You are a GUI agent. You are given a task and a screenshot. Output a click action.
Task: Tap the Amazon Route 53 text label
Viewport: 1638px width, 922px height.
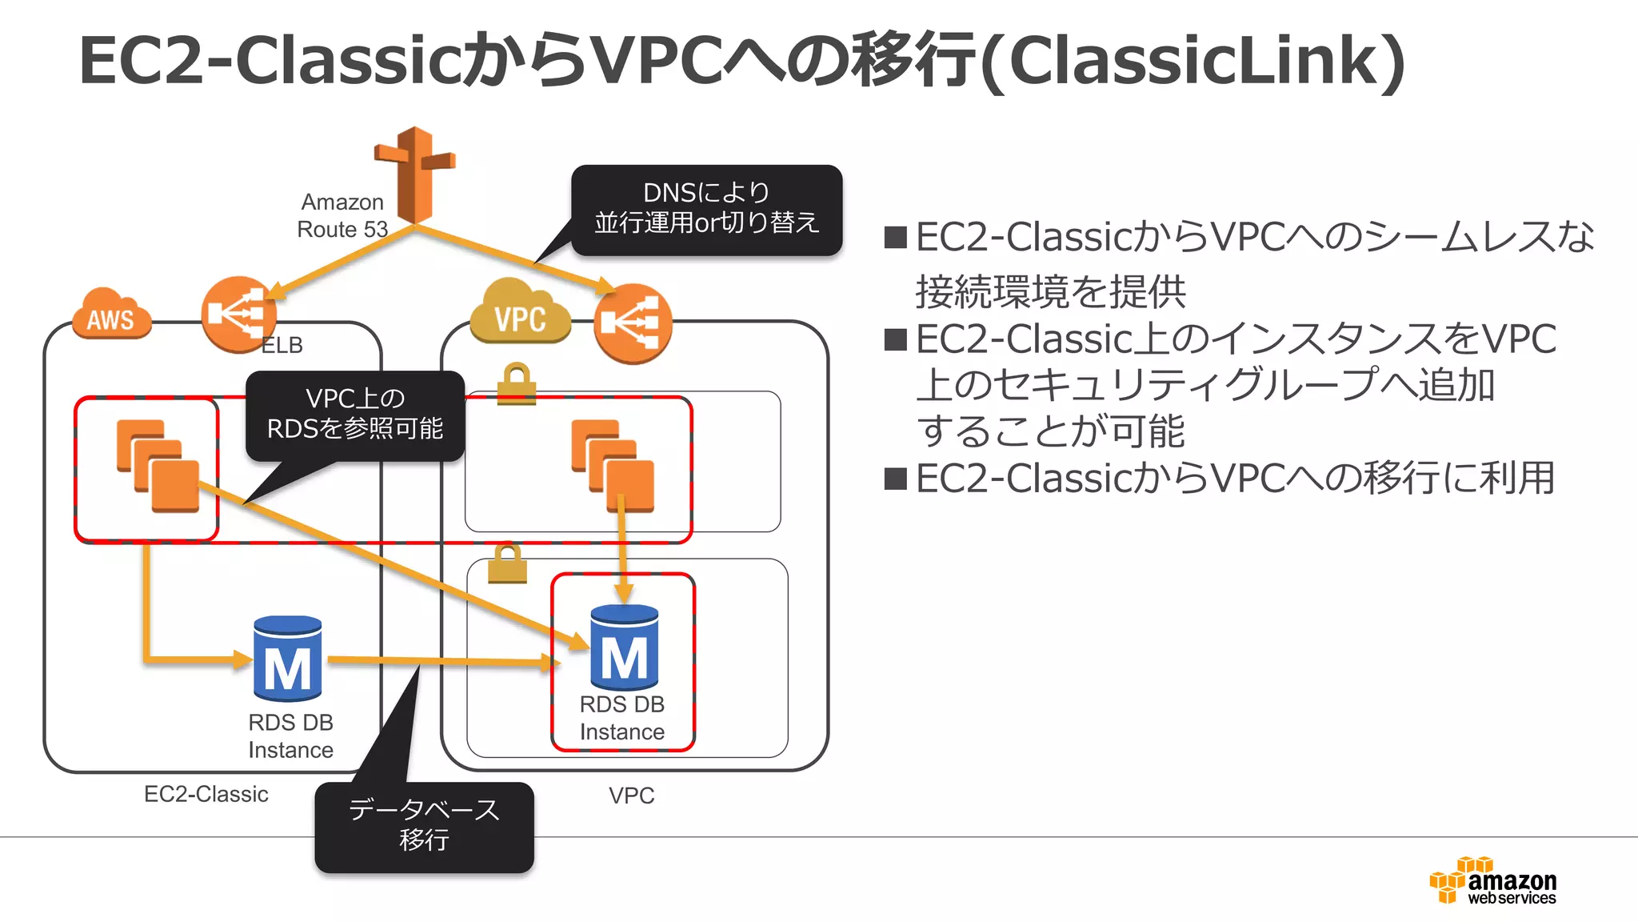tap(342, 215)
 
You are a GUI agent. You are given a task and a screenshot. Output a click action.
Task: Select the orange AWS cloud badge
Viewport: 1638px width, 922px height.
tap(112, 315)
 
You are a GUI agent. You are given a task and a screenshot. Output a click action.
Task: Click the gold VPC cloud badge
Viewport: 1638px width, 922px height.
tap(520, 313)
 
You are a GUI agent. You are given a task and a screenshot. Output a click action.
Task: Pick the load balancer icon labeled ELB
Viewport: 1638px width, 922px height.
tap(238, 314)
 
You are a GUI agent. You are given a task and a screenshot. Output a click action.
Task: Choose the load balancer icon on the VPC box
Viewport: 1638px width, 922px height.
tap(633, 323)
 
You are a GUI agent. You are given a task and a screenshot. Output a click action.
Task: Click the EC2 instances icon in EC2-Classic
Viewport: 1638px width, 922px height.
tap(158, 466)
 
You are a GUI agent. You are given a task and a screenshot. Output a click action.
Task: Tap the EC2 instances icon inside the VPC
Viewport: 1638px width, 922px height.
tap(613, 466)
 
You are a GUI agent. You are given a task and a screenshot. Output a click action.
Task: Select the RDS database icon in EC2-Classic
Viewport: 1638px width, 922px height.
tap(287, 659)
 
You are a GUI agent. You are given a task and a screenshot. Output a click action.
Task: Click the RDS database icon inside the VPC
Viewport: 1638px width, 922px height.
tap(624, 647)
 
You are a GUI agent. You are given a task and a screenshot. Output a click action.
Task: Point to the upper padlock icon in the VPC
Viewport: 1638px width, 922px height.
tap(516, 384)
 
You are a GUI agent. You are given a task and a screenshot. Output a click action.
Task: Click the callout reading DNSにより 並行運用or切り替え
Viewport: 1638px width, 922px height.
tap(706, 210)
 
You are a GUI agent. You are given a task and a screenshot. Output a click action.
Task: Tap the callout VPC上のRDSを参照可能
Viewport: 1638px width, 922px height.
tap(355, 415)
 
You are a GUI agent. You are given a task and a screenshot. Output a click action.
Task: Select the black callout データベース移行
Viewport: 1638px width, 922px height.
tap(424, 826)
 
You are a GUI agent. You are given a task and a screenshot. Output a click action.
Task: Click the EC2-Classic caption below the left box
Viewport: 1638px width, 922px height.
tap(206, 794)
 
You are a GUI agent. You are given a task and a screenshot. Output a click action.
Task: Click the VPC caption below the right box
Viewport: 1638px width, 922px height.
tap(631, 796)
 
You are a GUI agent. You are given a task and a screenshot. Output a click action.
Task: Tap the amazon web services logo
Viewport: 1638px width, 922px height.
tap(1492, 881)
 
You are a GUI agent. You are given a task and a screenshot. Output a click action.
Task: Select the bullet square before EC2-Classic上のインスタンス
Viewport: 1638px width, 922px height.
tap(895, 340)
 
